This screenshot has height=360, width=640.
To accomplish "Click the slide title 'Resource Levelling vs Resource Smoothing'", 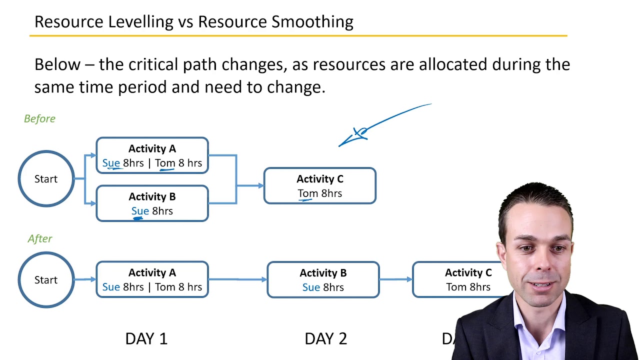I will coord(193,22).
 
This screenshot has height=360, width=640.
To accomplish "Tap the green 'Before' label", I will coord(39,118).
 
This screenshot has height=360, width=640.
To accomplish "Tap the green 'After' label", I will coord(40,238).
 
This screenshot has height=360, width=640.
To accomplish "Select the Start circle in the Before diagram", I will coord(46,179).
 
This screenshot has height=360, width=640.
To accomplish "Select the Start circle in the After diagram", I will coord(46,280).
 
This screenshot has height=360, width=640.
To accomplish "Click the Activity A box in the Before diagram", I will coord(152,155).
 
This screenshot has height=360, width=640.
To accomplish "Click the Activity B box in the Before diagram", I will coord(152,203).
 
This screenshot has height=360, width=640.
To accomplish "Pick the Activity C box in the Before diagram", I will coord(319,186).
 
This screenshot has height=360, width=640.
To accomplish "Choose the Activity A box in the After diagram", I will coord(152,279).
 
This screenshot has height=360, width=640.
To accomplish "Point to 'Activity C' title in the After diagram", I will coord(468,273).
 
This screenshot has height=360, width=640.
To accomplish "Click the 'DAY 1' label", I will coord(146,338).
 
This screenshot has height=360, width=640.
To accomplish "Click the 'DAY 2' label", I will coord(325,338).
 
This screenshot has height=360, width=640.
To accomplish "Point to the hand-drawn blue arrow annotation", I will coord(380,125).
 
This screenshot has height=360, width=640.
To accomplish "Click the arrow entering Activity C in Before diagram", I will coord(250,186).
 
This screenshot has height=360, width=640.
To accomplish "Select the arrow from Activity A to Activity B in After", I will coord(237,279).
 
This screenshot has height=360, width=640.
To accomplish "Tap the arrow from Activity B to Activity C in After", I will coord(395,279).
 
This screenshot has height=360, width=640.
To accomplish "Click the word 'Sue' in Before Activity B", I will coord(140,211).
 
